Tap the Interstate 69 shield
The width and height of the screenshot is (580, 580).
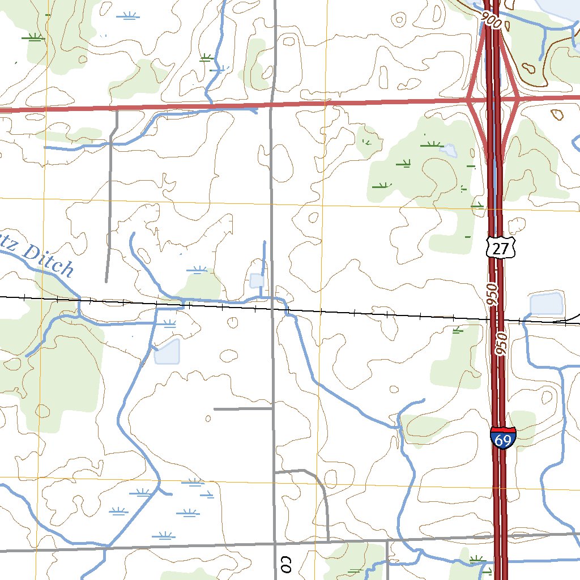pyautogui.click(x=503, y=438)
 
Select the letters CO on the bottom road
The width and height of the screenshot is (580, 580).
pyautogui.click(x=285, y=564)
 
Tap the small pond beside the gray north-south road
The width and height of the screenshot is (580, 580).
pyautogui.click(x=257, y=280)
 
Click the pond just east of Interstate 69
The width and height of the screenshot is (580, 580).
pyautogui.click(x=547, y=304)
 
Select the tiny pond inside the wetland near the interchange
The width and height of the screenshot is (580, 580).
pyautogui.click(x=449, y=150)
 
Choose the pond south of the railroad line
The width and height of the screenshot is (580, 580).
pyautogui.click(x=167, y=351)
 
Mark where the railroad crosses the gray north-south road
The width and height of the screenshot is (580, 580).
pyautogui.click(x=272, y=309)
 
